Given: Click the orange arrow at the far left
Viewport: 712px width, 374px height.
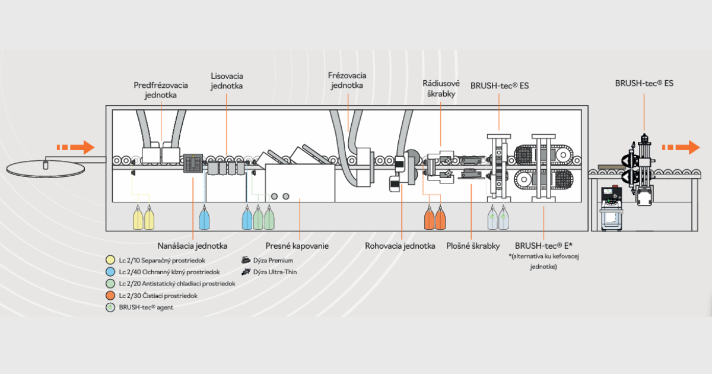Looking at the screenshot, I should tap(75, 147).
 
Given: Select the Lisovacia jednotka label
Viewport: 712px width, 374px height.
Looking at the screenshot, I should tap(227, 81).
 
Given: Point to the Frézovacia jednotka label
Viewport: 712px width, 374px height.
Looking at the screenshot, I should tap(347, 80).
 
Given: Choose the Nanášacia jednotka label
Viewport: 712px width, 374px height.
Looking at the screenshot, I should tap(193, 245).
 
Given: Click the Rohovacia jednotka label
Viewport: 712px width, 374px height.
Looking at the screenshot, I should tap(400, 245).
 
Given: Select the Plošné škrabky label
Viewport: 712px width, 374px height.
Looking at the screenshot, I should tap(473, 245).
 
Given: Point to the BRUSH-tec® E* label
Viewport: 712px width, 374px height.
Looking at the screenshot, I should tap(543, 245).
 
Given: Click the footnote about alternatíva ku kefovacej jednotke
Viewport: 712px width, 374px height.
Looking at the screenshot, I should tap(543, 261).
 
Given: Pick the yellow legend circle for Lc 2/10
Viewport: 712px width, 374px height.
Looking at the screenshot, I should tap(110, 260).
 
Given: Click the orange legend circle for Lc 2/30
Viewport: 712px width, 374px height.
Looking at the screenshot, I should tap(110, 296).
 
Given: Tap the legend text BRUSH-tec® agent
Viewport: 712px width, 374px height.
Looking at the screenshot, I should tap(146, 308).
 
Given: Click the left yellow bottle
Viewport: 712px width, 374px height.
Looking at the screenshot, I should tap(138, 218).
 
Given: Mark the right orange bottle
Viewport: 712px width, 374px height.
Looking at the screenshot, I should tap(440, 218).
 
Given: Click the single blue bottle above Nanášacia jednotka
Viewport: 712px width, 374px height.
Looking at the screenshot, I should tap(204, 218).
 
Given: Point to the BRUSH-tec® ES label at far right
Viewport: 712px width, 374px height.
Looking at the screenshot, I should tap(644, 84).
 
